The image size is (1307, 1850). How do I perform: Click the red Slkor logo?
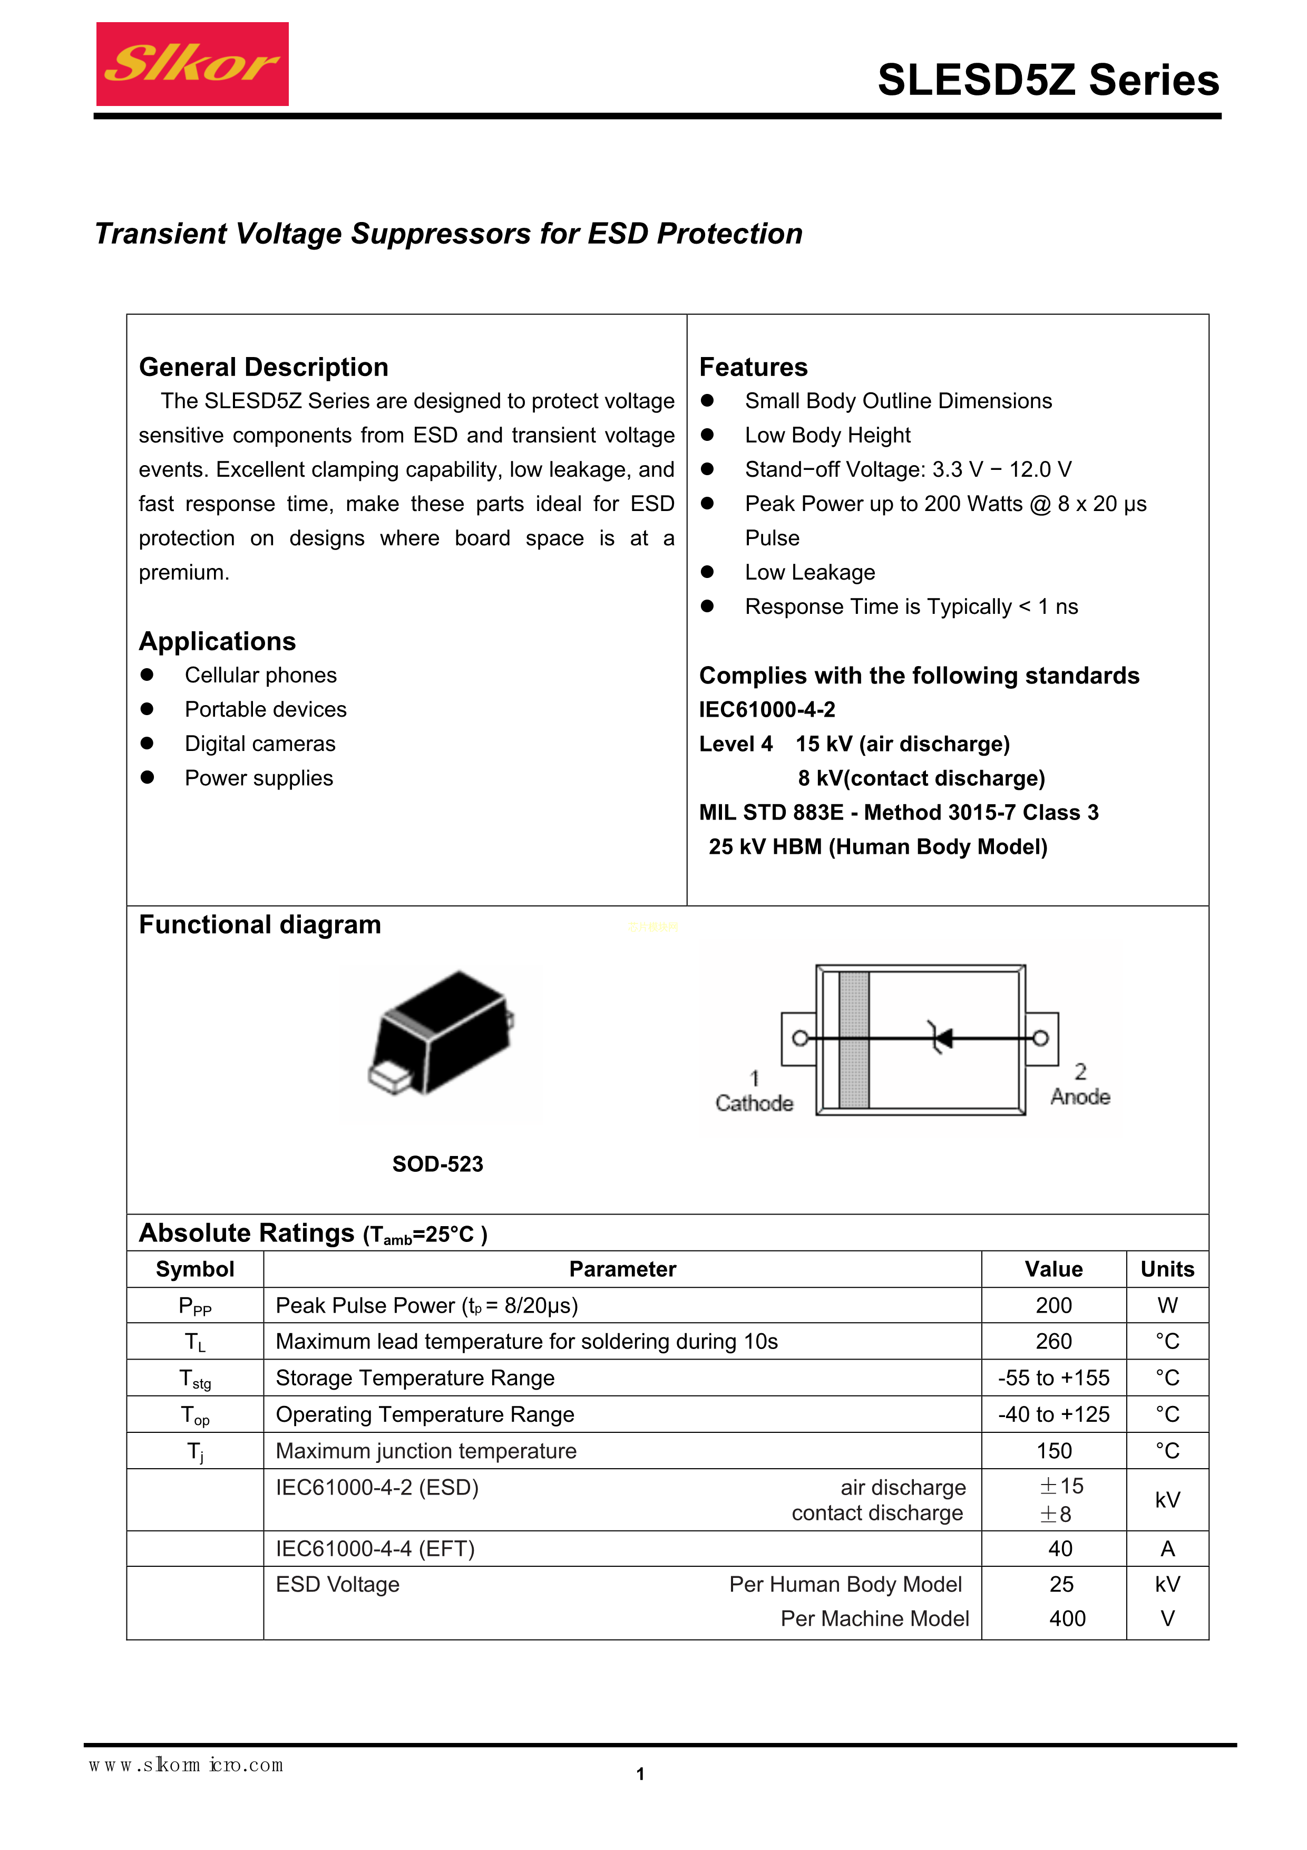[192, 64]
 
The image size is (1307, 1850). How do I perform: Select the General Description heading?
[264, 368]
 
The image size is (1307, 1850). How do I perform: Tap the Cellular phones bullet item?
[260, 675]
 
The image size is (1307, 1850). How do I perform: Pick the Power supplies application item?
[258, 778]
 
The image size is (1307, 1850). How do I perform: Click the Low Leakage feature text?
[809, 573]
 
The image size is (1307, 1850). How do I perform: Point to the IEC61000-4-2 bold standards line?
[767, 710]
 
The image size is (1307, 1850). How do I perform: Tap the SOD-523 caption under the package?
[437, 1164]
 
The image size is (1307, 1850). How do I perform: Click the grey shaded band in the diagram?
[854, 1039]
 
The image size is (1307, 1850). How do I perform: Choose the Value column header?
[1054, 1270]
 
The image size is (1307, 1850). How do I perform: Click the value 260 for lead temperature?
[1054, 1342]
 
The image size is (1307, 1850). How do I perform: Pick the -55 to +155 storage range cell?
[1054, 1379]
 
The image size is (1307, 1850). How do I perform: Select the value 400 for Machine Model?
[1067, 1619]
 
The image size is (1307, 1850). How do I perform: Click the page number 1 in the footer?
[640, 1774]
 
